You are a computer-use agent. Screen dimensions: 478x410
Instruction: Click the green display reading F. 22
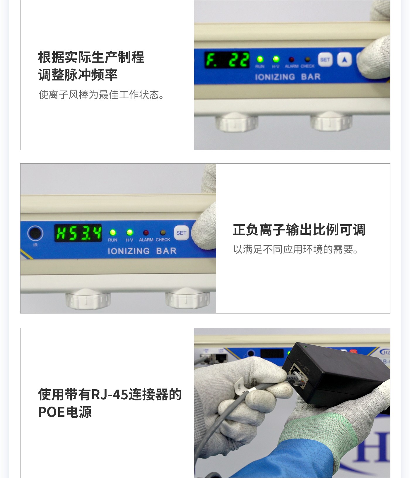pyautogui.click(x=227, y=60)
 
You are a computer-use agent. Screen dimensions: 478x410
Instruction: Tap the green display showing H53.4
pyautogui.click(x=78, y=233)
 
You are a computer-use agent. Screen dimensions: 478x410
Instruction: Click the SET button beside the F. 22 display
pyautogui.click(x=325, y=60)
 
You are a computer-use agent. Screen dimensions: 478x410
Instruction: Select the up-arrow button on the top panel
pyautogui.click(x=345, y=60)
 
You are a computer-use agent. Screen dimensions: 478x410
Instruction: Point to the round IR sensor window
pyautogui.click(x=35, y=233)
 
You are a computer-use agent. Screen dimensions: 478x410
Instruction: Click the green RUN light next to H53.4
pyautogui.click(x=113, y=233)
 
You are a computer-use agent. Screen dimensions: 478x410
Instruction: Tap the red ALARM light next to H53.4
pyautogui.click(x=146, y=233)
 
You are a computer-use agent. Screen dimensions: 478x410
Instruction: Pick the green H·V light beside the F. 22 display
pyautogui.click(x=276, y=59)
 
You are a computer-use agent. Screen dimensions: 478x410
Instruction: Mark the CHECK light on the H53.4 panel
pyautogui.click(x=163, y=233)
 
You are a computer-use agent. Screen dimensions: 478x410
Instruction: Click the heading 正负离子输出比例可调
pyautogui.click(x=299, y=230)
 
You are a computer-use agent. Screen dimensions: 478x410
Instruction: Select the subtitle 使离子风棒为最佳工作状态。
pyautogui.click(x=101, y=95)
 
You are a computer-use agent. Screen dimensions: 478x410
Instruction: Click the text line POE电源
pyautogui.click(x=65, y=412)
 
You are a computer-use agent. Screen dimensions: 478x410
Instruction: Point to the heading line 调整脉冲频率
pyautogui.click(x=78, y=75)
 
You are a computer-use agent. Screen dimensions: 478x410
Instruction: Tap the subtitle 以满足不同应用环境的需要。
pyautogui.click(x=296, y=249)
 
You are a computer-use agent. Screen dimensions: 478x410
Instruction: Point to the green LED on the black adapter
pyautogui.click(x=305, y=347)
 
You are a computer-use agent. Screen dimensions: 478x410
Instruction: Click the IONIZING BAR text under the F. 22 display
pyautogui.click(x=288, y=77)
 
